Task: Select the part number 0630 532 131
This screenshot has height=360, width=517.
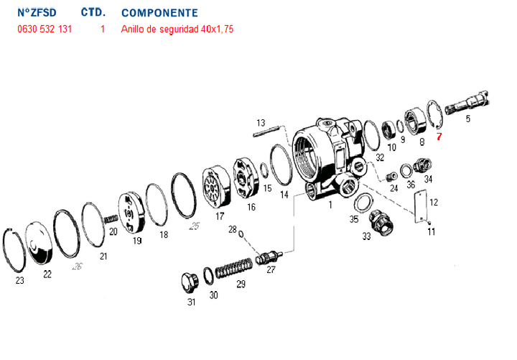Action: pyautogui.click(x=45, y=29)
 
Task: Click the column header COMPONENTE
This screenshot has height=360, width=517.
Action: pyautogui.click(x=159, y=13)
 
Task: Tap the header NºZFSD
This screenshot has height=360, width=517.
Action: pyautogui.click(x=37, y=13)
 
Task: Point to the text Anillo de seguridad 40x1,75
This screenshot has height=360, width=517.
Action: pyautogui.click(x=177, y=29)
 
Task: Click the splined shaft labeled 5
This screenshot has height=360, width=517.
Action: pyautogui.click(x=467, y=108)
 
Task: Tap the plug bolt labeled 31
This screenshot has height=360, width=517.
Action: pyautogui.click(x=191, y=282)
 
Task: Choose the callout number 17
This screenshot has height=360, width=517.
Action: pyautogui.click(x=220, y=216)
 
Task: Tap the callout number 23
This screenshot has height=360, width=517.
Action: pyautogui.click(x=19, y=280)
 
